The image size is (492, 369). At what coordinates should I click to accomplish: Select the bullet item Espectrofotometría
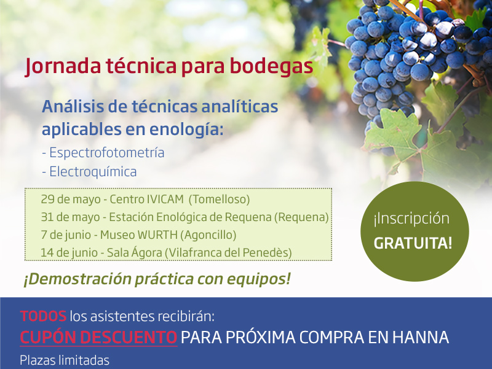[107, 153]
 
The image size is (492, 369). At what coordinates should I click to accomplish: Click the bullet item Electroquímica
[93, 172]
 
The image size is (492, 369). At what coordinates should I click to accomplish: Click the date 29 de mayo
[71, 200]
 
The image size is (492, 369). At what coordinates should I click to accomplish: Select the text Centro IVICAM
[146, 199]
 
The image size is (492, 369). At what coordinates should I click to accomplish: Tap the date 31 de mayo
[70, 217]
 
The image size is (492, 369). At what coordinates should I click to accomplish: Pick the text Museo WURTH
[139, 235]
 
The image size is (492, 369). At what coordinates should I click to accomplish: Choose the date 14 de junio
[69, 253]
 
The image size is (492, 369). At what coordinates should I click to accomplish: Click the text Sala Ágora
[134, 252]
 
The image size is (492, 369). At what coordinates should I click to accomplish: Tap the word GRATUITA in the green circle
[413, 243]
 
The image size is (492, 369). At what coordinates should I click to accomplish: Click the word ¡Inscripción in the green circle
[411, 219]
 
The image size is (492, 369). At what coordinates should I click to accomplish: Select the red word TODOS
[43, 316]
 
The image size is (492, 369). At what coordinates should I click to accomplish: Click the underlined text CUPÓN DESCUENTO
[98, 337]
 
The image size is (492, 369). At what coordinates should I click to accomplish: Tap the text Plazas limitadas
[65, 360]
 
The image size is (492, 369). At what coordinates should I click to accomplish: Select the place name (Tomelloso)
[220, 200]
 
